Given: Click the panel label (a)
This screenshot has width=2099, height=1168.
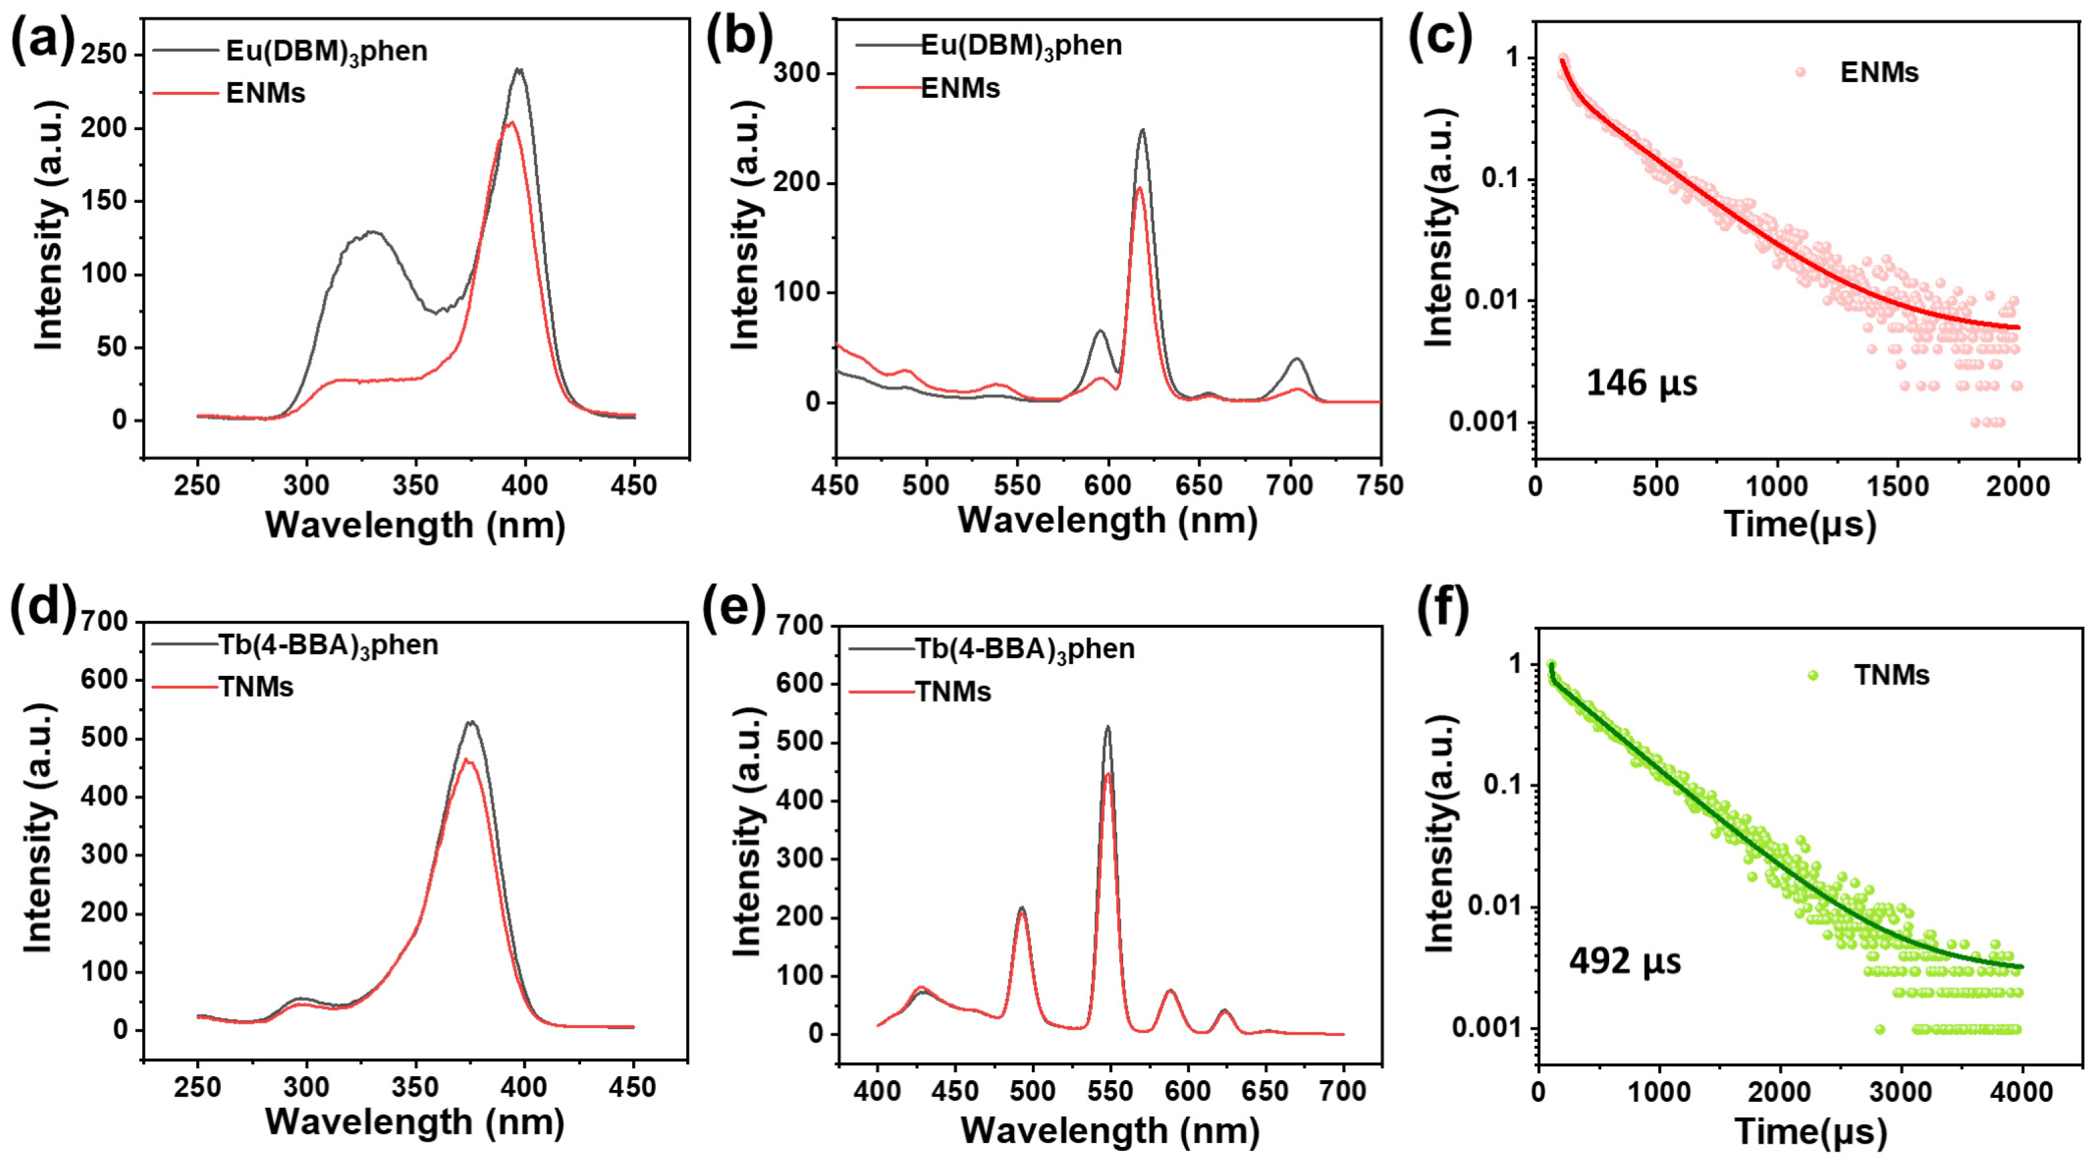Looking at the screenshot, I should (x=42, y=39).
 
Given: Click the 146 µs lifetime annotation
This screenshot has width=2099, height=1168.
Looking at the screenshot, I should (x=1641, y=383).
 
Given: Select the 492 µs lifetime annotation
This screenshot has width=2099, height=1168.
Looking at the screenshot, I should (x=1625, y=961).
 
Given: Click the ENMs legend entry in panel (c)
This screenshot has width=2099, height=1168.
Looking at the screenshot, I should (x=1879, y=73).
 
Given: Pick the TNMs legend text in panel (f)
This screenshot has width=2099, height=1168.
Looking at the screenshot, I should (x=1891, y=675).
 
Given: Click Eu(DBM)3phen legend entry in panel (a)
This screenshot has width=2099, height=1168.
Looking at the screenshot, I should (x=326, y=52).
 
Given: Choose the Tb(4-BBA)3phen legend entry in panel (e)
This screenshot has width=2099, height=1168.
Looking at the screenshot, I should (x=1024, y=649).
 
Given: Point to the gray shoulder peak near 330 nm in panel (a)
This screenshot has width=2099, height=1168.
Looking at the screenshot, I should (x=372, y=232).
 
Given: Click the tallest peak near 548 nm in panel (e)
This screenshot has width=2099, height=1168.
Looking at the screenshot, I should (x=1107, y=727).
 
